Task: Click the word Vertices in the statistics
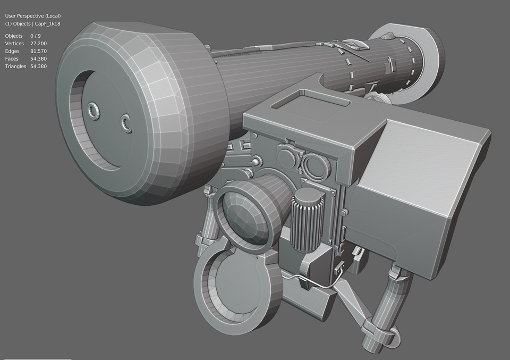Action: (x=14, y=43)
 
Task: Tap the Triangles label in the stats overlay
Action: (x=15, y=66)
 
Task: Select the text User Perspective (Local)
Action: (x=33, y=16)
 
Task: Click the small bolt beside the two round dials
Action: (x=257, y=161)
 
